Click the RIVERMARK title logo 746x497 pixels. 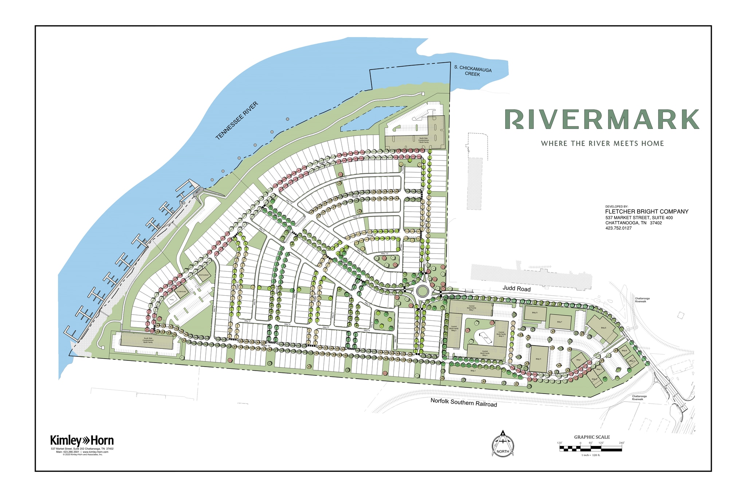click(x=601, y=119)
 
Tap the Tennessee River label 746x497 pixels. click(x=236, y=121)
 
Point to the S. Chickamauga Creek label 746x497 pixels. click(x=473, y=71)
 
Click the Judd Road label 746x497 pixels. click(x=517, y=289)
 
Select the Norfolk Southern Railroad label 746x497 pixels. click(x=463, y=402)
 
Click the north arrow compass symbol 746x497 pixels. click(x=503, y=445)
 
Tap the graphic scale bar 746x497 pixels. click(x=590, y=449)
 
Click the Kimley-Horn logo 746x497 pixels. click(x=82, y=441)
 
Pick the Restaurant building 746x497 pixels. click(x=204, y=276)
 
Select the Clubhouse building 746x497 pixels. click(x=181, y=292)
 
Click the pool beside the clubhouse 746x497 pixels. click(x=172, y=300)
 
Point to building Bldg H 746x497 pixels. click(x=539, y=359)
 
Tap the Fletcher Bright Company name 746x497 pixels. click(x=647, y=212)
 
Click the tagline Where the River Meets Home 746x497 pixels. click(x=602, y=143)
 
